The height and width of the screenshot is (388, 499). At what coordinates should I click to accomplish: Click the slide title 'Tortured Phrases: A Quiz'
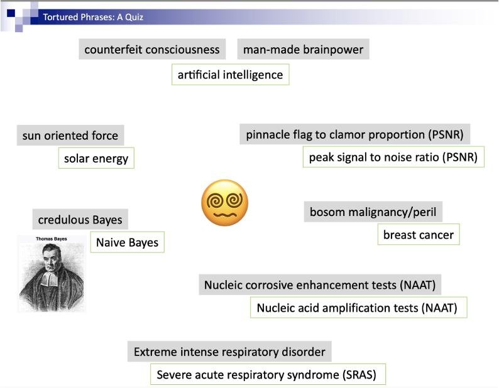click(93, 17)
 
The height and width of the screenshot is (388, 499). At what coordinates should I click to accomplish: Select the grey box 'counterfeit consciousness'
click(152, 49)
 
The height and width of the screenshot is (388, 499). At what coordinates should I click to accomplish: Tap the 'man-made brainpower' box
click(303, 49)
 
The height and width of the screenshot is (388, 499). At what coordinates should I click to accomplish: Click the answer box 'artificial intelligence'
click(230, 75)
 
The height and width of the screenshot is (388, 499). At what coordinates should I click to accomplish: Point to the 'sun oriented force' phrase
click(70, 135)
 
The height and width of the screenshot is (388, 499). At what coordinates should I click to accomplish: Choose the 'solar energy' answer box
click(96, 158)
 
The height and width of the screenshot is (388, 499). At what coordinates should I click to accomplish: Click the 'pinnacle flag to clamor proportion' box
click(355, 134)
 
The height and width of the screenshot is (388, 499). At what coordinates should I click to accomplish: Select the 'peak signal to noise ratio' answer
click(393, 157)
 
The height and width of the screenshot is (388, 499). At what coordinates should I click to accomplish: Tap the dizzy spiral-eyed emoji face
click(224, 203)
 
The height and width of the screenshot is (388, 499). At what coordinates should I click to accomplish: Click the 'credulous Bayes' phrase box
click(80, 220)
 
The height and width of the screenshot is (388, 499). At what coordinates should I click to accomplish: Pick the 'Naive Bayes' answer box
click(127, 242)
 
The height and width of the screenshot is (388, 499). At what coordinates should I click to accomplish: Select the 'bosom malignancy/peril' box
click(373, 212)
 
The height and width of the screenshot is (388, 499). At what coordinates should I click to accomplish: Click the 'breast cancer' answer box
click(418, 235)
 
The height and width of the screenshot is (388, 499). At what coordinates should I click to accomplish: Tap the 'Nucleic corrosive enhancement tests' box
click(319, 284)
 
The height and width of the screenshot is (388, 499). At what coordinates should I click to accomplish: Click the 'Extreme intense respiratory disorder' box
click(229, 352)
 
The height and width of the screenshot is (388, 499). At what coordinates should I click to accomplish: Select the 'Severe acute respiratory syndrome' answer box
click(266, 375)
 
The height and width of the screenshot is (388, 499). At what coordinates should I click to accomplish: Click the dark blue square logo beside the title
click(11, 12)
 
